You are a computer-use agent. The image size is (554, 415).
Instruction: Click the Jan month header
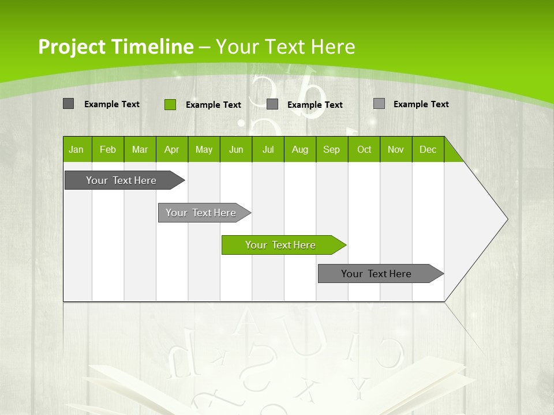coord(77,149)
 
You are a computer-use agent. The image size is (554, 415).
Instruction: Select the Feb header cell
coord(108,149)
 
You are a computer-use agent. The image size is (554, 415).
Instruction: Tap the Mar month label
coord(140,149)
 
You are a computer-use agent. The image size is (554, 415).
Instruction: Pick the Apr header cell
coord(172,149)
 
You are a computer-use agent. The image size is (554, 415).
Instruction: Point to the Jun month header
coord(236,149)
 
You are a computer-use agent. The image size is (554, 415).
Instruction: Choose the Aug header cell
coord(300,149)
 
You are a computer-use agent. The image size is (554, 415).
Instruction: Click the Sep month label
coord(332,149)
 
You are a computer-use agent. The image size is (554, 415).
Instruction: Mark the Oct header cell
coord(364,149)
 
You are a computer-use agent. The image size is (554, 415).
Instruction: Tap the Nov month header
coord(396,149)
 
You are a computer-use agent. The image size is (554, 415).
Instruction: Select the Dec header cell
coord(428,149)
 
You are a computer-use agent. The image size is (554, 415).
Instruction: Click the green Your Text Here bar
coord(280,245)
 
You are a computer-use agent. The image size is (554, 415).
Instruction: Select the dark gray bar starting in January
coord(121,180)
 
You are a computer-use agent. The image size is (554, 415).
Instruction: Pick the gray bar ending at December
coord(376,274)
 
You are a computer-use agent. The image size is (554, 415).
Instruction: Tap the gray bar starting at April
coord(201,213)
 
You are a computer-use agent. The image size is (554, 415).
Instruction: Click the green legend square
coord(170,104)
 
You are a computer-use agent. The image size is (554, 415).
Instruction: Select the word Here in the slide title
coord(333,47)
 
